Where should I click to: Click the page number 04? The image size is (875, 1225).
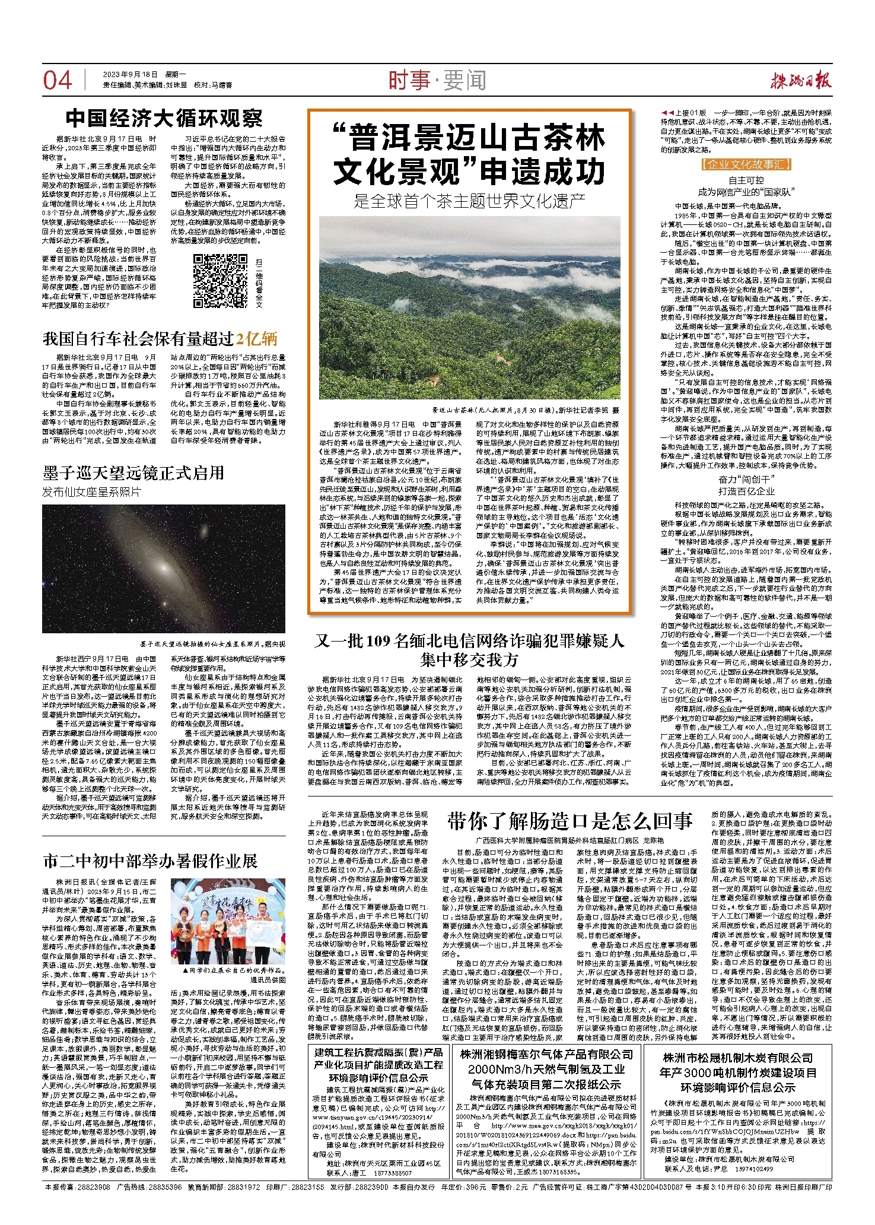[x=58, y=80]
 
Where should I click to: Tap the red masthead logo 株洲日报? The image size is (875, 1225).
[x=801, y=80]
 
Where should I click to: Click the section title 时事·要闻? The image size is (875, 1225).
[x=437, y=80]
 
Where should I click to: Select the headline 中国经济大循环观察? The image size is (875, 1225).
[x=164, y=118]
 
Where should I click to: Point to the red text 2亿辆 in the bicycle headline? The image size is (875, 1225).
[x=256, y=339]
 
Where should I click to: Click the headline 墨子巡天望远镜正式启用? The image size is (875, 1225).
[x=133, y=472]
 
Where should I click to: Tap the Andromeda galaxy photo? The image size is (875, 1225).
[x=163, y=568]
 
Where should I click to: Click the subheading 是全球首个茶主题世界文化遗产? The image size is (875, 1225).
[x=469, y=201]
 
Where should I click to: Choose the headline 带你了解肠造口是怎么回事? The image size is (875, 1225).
[x=569, y=821]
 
